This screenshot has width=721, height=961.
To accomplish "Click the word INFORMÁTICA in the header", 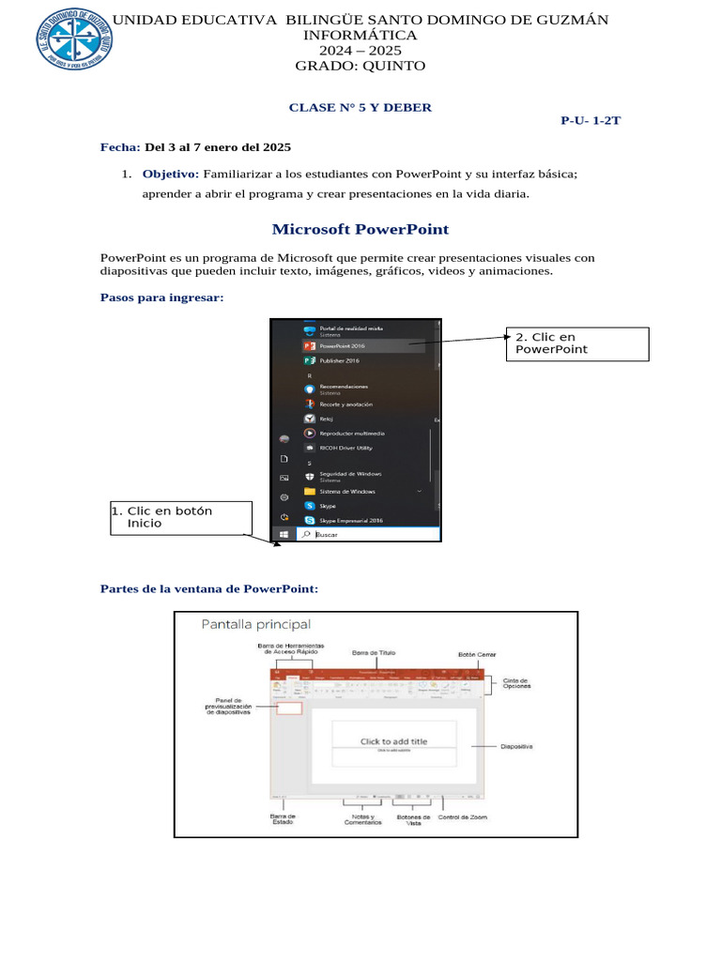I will (360, 35).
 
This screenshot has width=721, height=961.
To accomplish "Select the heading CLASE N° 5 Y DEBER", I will (360, 107).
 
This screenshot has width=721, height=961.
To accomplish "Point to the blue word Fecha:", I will (120, 147).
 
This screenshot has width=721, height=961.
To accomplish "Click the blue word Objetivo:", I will (170, 174).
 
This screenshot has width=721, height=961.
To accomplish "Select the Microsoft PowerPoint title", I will (360, 229).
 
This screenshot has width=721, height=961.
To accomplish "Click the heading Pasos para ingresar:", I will (161, 297).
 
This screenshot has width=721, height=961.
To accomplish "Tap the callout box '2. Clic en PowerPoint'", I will (577, 343).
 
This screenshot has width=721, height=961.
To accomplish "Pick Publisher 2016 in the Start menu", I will (339, 360).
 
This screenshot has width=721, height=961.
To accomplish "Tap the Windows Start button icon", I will (284, 534).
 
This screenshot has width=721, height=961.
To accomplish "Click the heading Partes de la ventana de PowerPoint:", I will (208, 588).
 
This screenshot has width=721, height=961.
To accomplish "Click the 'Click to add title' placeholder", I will (393, 741).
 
